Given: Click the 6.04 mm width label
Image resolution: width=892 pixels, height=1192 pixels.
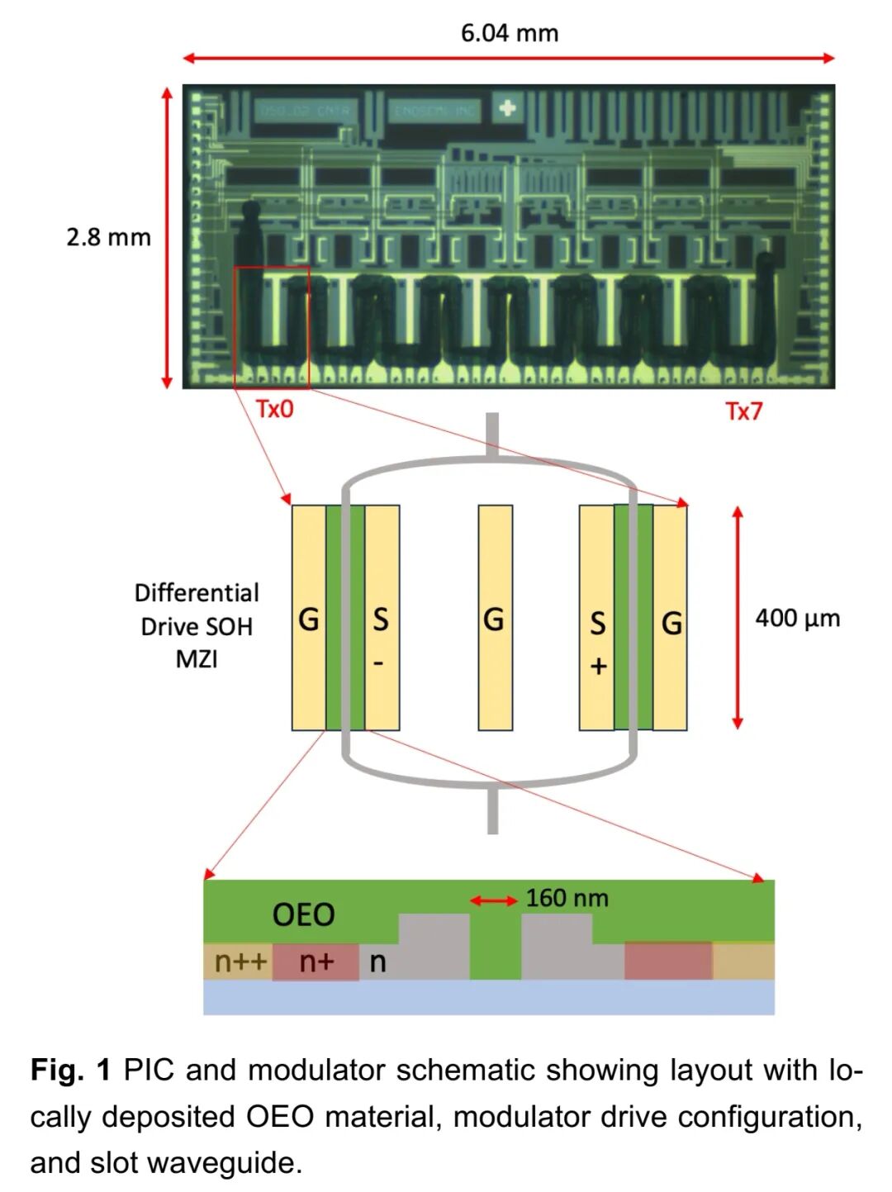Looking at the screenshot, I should click(509, 33).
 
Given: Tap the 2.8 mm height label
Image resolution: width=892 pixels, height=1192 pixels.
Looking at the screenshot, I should click(108, 237).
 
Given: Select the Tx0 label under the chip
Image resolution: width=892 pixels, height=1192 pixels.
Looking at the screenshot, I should click(274, 409).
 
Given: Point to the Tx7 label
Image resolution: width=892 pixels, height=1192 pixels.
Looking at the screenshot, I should click(743, 411).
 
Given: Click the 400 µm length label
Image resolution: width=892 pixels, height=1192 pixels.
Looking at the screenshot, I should click(797, 618).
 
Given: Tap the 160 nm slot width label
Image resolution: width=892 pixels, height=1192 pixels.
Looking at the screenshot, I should click(567, 898).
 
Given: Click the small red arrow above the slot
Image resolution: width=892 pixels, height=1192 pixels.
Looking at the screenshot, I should click(494, 900).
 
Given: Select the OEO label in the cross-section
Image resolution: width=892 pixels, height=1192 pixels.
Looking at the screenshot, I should click(303, 914).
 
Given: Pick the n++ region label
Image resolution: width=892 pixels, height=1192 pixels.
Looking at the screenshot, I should click(240, 962).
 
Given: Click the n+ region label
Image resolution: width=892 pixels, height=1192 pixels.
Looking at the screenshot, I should click(316, 962).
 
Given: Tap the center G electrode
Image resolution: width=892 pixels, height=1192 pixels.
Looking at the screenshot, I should click(495, 618).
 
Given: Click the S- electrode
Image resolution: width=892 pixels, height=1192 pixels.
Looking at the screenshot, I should click(382, 618).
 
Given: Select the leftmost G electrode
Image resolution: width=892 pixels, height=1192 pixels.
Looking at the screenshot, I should click(309, 618).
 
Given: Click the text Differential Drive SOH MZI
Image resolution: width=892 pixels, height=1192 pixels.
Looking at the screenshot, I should click(197, 625).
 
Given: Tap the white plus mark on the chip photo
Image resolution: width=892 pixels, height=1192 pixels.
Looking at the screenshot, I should click(507, 107).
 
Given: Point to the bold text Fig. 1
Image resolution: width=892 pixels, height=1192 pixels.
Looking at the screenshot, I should click(70, 1070).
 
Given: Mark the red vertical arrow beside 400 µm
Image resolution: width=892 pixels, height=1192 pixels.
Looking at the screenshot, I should click(738, 618).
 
